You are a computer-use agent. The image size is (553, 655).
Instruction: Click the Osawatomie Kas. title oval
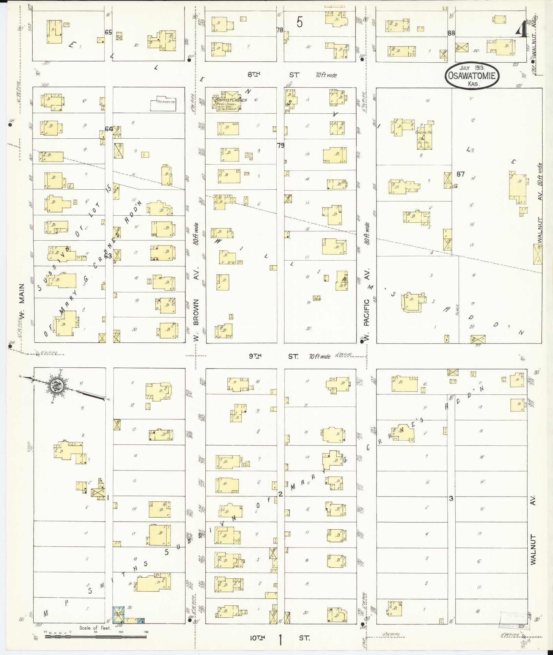pos(472,76)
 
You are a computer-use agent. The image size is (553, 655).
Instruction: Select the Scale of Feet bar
pos(96,637)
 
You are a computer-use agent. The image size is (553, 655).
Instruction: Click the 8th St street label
pos(274,75)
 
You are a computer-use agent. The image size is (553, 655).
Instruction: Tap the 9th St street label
pos(273,356)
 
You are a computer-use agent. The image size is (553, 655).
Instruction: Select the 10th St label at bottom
pos(279,638)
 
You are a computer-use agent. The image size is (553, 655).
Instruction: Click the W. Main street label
pos(22,301)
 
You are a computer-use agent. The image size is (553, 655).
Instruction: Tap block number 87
pos(460,174)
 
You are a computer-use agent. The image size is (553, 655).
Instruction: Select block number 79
pos(280,146)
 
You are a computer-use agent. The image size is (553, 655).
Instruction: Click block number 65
pos(108,32)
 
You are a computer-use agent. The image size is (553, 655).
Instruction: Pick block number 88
pos(451,33)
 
